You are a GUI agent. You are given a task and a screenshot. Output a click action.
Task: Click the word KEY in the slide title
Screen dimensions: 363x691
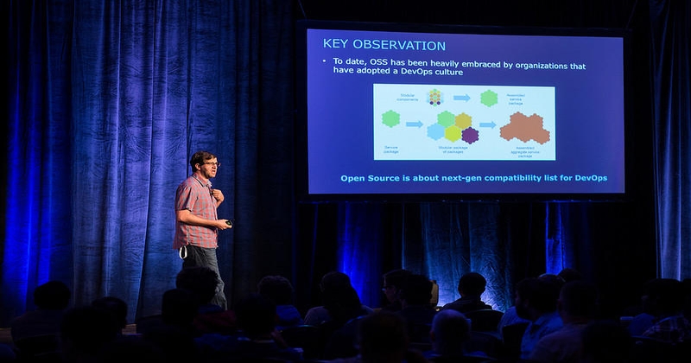[x=335, y=45]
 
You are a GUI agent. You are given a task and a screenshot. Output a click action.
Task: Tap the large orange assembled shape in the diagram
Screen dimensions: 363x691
[x=524, y=128]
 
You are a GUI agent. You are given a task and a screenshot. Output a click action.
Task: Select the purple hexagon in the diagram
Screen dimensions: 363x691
[x=470, y=135]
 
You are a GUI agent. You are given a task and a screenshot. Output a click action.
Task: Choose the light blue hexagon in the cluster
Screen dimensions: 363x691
[x=435, y=131]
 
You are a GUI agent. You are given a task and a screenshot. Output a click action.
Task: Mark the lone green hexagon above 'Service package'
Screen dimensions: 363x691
[x=390, y=118]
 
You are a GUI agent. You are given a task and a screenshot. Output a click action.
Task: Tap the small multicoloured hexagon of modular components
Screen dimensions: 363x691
[x=434, y=97]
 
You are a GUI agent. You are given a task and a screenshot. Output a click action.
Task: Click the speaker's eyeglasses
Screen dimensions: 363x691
[x=211, y=163]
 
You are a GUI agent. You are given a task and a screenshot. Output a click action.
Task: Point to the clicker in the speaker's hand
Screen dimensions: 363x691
[x=228, y=222]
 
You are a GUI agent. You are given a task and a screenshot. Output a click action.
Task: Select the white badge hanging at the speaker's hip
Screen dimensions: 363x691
[x=182, y=252]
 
